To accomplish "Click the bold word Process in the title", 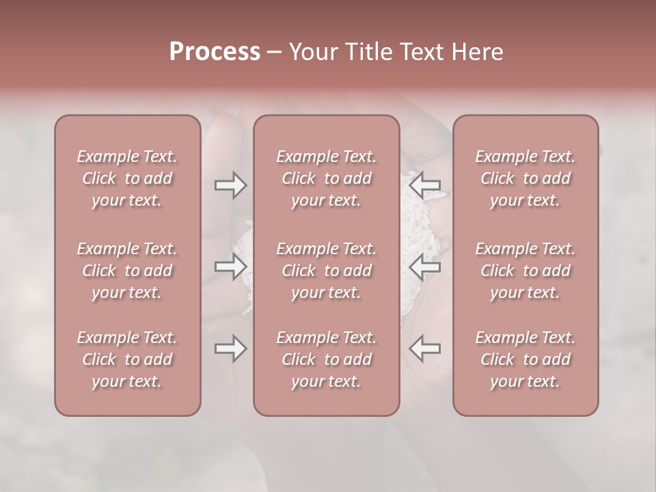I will [215, 52].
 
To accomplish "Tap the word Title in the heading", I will [364, 52].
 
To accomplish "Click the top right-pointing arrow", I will [230, 185].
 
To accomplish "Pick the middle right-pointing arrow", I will [230, 266].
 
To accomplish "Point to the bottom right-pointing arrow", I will [230, 348].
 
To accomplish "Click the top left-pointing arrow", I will [424, 185].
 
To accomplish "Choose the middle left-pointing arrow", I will [424, 266].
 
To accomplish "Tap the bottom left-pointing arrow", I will [424, 348].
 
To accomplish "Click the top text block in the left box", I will [127, 178].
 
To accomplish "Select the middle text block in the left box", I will [127, 271].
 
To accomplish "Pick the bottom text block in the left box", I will [127, 359].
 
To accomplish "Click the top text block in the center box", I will [326, 178].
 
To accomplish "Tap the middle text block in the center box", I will [326, 271].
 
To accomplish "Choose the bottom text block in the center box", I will [326, 359].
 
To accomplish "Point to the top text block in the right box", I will [525, 178].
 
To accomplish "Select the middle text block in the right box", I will [525, 271].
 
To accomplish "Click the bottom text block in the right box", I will [525, 359].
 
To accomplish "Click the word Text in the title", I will [420, 52].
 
